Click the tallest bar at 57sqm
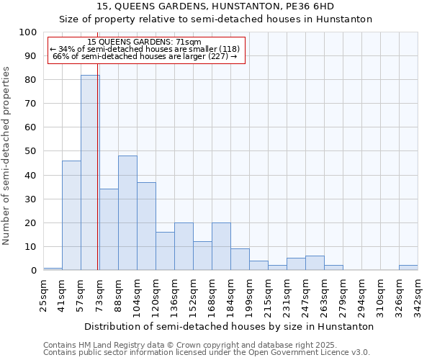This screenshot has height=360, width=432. tap(90, 173)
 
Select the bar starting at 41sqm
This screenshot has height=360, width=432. tap(71, 215)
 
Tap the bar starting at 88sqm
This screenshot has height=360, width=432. tap(127, 213)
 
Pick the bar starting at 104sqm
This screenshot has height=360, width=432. tap(146, 226)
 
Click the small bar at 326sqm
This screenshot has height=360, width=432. tap(408, 268)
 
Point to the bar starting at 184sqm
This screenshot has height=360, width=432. tap(240, 259)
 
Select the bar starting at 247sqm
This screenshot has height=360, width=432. tap(315, 263)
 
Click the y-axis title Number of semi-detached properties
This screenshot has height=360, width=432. tap(7, 156)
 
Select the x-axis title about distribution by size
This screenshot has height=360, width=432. tap(228, 326)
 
